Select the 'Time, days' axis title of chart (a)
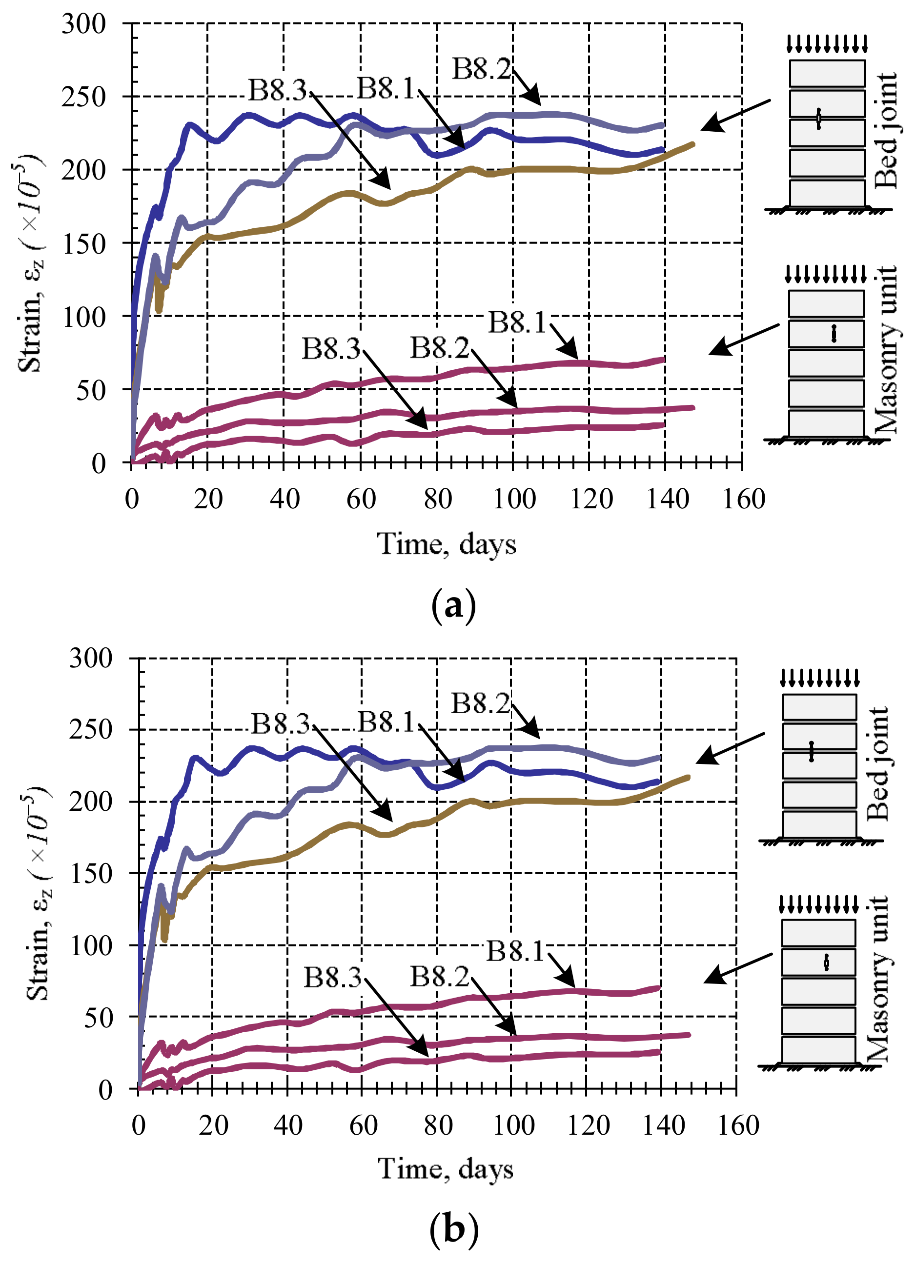point(447,544)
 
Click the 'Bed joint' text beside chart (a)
point(886,131)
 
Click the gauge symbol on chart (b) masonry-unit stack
point(827,962)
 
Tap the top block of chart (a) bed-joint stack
point(827,74)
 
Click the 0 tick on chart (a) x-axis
point(132,499)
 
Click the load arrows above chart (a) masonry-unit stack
point(826,273)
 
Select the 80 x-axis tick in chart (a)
point(438,499)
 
